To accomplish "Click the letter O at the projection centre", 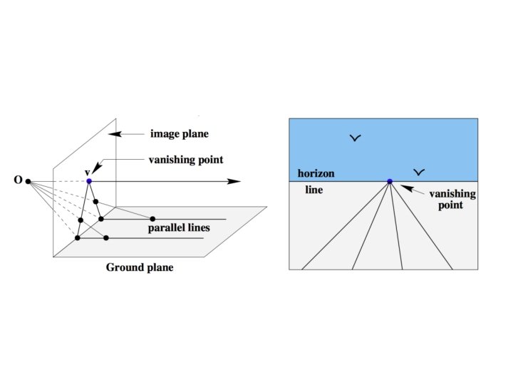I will point(18,181).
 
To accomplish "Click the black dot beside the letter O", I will point(28,182).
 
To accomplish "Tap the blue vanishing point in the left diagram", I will point(89,181).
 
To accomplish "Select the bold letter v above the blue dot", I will point(87,171).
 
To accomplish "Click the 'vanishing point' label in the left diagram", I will point(186,160).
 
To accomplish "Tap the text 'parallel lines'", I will point(179,228).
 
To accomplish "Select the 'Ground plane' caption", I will point(140,268).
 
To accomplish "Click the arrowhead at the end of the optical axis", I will point(234,181).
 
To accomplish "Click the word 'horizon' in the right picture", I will point(316,173).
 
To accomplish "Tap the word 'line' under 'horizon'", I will point(313,191).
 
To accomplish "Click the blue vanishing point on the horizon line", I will point(390,181).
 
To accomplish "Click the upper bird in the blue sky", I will point(355,138).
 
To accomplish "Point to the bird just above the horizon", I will point(420,172).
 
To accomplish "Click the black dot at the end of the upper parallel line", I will point(152,219).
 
